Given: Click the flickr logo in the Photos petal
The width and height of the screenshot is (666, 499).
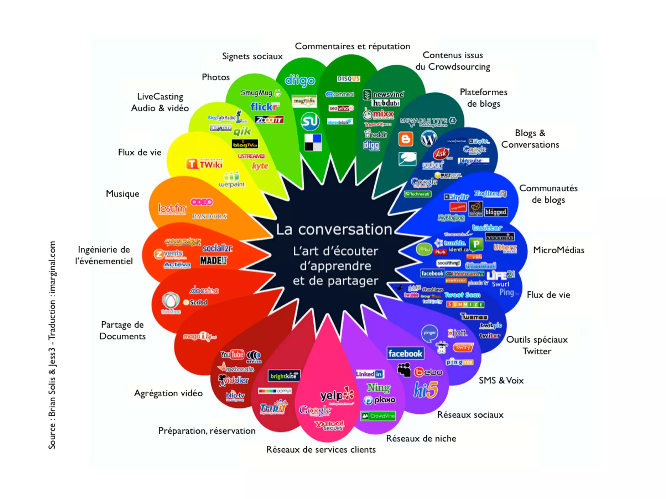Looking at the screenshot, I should [x=264, y=107].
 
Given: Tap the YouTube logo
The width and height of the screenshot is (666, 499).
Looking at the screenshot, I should [x=232, y=354].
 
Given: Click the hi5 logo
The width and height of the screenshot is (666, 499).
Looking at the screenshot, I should [x=426, y=390].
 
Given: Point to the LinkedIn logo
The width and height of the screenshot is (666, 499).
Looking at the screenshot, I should [x=370, y=374].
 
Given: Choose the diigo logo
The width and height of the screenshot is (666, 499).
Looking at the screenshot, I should [x=300, y=80].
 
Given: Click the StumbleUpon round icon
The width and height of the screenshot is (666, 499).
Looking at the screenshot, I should [x=310, y=121].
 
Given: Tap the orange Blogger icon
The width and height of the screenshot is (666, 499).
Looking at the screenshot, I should [x=406, y=139].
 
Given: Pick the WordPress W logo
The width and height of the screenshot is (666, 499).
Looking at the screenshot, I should [x=429, y=139].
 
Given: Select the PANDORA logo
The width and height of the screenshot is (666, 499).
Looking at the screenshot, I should [x=209, y=216].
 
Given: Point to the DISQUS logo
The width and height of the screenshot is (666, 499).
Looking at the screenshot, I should [x=348, y=79].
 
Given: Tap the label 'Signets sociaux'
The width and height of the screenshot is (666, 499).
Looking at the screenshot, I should [x=252, y=56].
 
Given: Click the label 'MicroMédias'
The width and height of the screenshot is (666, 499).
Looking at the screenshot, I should [x=558, y=250].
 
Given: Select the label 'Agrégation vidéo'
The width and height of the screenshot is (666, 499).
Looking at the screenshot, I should [x=168, y=393].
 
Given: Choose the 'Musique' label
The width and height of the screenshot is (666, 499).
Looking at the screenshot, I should [x=123, y=194].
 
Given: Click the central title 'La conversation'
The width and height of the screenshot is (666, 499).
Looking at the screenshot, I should [x=334, y=229].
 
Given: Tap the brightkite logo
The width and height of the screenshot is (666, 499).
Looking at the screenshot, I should [x=284, y=376].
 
